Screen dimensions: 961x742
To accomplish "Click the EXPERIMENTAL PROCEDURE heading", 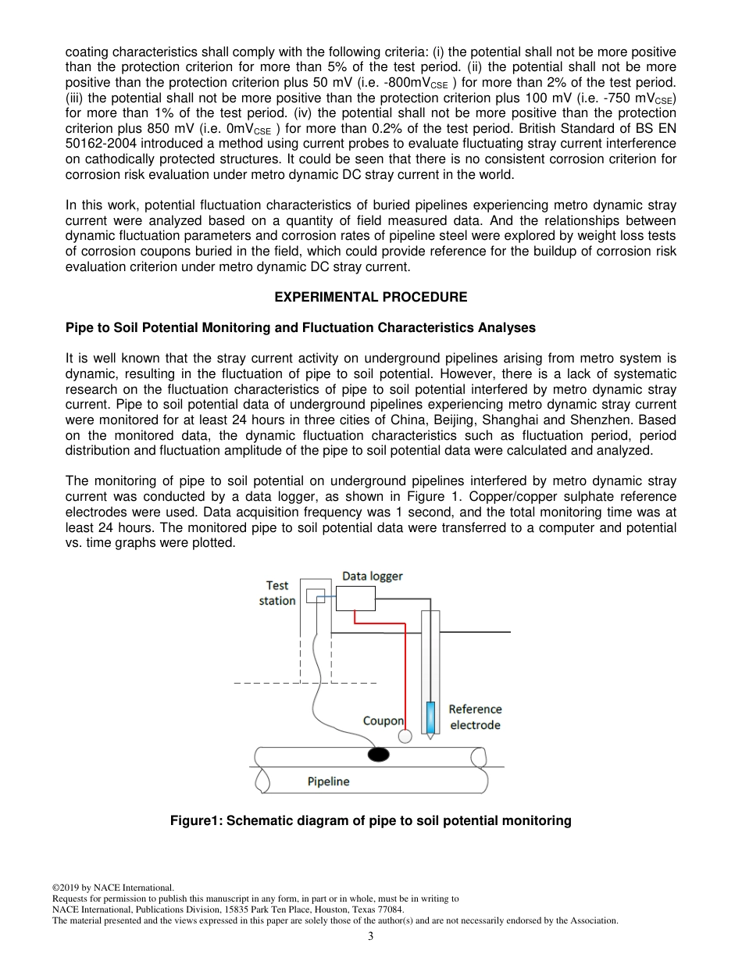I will (371, 297).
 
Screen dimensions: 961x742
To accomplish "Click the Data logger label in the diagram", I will (373, 576).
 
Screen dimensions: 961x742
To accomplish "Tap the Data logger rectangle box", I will (355, 598).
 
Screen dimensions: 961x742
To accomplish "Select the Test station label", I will (277, 593).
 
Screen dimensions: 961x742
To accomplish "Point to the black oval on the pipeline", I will (379, 754).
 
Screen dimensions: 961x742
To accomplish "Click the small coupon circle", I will (405, 736).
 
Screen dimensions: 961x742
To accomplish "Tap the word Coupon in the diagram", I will (383, 720).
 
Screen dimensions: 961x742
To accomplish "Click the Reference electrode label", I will (475, 716).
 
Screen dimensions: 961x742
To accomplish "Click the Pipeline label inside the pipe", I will (328, 781).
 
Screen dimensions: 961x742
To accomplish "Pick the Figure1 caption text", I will (371, 820).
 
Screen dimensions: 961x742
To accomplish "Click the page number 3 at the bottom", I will (371, 937).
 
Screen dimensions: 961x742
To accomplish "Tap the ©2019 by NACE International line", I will (112, 888).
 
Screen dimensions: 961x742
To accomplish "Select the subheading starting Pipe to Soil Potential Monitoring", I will (301, 327).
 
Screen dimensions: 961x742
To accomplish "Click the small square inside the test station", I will (314, 596).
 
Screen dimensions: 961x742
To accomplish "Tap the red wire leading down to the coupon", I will (405, 672).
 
